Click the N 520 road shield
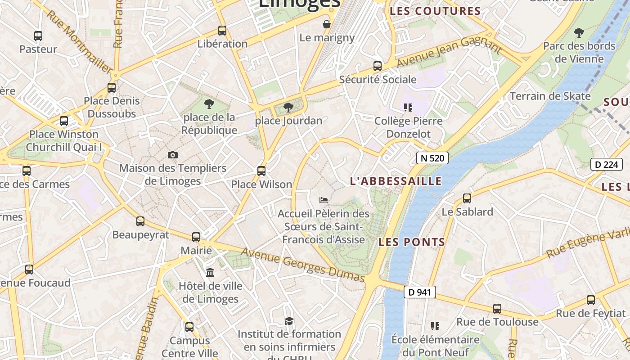432,158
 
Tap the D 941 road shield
420,292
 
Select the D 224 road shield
606,164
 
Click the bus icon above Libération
222,31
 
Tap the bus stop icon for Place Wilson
261,171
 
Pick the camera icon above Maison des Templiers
173,155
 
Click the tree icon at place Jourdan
288,108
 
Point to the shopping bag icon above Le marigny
327,24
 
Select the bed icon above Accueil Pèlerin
323,200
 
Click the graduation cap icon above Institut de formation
289,321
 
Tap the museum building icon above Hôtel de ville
210,273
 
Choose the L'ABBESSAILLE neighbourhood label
396,181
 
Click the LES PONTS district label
412,242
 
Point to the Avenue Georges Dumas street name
303,265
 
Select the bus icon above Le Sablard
467,198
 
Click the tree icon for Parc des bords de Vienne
579,32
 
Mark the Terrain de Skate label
550,96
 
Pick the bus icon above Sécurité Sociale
378,66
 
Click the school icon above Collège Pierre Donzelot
408,108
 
